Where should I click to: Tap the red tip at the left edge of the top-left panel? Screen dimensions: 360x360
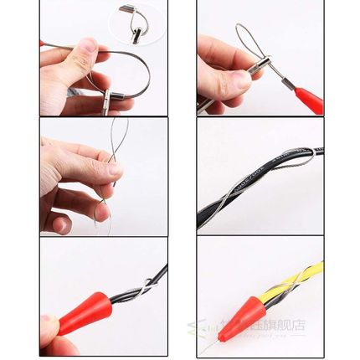point(42,42)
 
